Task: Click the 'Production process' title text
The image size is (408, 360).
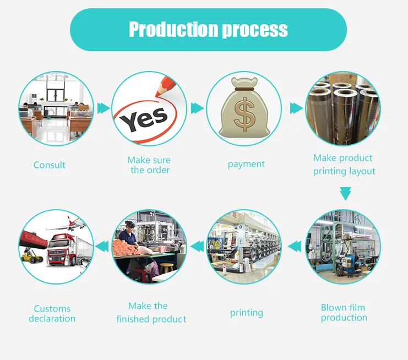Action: tap(208, 29)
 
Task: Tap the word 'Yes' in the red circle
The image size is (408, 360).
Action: tap(144, 117)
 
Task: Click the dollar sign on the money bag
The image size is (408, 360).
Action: tap(243, 113)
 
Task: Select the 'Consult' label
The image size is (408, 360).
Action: tap(50, 165)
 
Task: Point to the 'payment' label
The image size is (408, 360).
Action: tap(246, 164)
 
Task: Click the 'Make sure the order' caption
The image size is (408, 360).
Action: tap(149, 165)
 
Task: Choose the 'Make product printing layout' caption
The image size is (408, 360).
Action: tap(344, 165)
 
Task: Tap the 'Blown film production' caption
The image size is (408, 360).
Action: tap(344, 313)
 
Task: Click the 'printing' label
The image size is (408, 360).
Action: tap(246, 313)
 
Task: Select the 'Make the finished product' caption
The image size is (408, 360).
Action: tap(150, 312)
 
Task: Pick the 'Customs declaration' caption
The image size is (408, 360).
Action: tap(52, 314)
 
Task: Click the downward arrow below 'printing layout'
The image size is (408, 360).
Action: tap(345, 193)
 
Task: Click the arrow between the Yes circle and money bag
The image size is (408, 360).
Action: tap(197, 108)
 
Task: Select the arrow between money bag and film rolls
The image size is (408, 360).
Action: tap(296, 108)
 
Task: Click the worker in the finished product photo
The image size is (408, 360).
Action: tap(129, 234)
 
